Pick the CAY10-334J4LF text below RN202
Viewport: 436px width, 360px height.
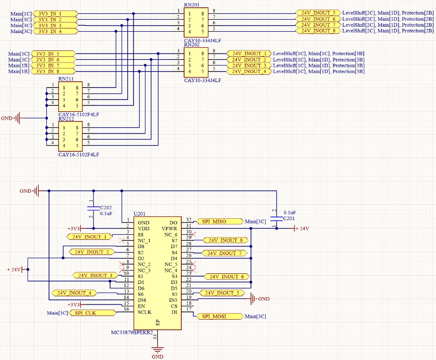pos(202,80)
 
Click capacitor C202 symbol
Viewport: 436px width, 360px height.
pos(94,209)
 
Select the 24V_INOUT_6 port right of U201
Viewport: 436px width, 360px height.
pos(227,277)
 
